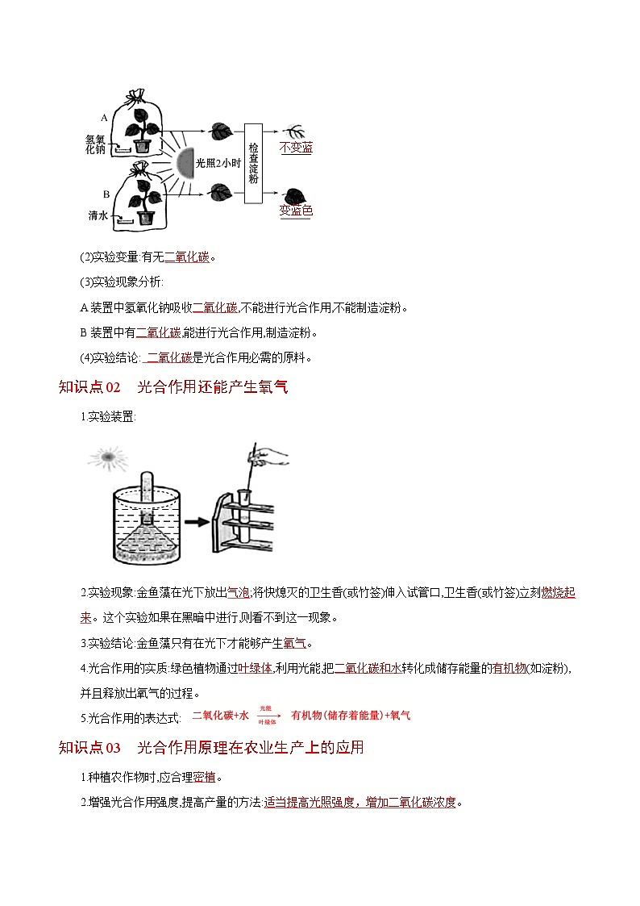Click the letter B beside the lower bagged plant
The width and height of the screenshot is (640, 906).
click(106, 194)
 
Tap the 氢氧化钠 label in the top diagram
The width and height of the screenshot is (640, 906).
click(94, 144)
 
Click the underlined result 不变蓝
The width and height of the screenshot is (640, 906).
click(296, 148)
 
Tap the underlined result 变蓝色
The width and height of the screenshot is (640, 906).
click(296, 211)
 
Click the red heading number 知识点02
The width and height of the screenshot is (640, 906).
click(89, 387)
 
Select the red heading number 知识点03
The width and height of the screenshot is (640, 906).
click(89, 747)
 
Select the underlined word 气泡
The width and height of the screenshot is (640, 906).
click(239, 593)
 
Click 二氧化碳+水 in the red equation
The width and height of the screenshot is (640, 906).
click(220, 716)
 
